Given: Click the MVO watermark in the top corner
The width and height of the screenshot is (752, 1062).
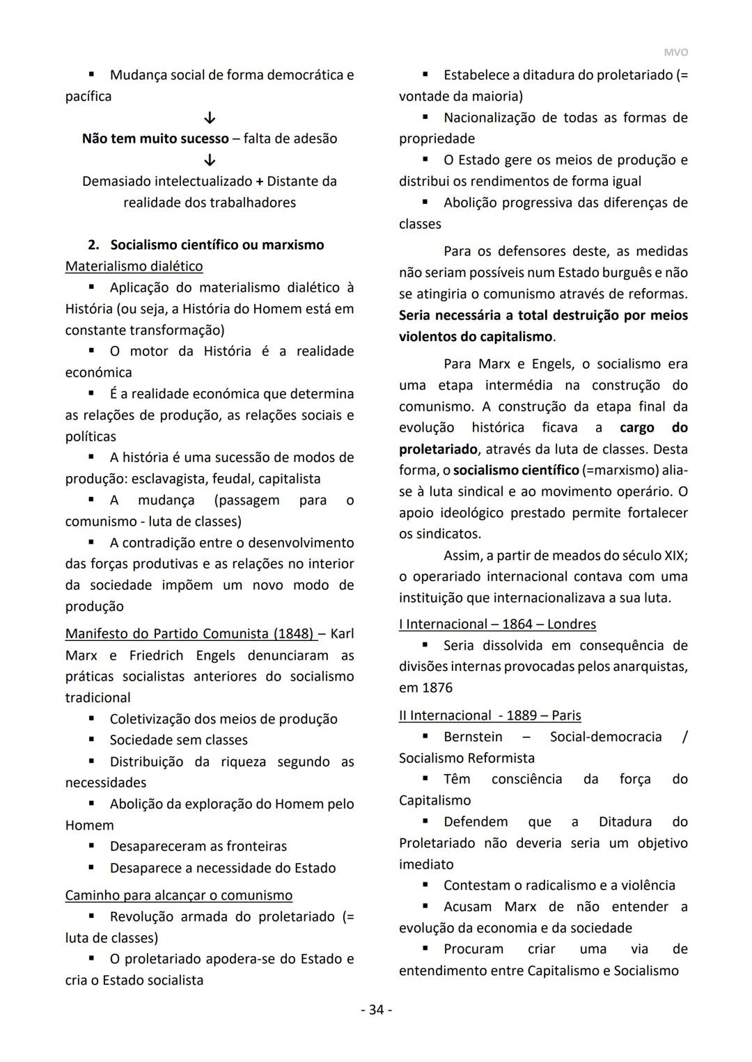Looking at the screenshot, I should (675, 53).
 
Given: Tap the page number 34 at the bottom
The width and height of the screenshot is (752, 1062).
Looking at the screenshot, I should (376, 1009).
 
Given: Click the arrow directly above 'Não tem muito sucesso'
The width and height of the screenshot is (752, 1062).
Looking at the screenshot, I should (210, 118).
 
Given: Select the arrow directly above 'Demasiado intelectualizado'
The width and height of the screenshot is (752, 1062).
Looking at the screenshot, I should (210, 160).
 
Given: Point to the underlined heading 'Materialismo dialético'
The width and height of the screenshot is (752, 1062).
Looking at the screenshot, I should (134, 266).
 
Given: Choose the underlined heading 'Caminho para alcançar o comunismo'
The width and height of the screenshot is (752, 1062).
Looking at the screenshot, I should (178, 895).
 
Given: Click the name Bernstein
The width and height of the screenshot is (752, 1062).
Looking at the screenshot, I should (473, 736).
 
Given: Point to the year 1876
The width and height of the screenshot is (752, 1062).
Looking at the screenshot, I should (437, 688).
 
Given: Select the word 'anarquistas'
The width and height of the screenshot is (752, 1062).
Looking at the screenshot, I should (650, 667).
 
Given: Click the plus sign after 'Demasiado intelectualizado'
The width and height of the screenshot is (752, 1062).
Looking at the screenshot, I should (260, 182).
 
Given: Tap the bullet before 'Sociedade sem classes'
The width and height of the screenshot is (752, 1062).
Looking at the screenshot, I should (91, 740).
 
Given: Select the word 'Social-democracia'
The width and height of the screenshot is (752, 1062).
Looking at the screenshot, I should (605, 736).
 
